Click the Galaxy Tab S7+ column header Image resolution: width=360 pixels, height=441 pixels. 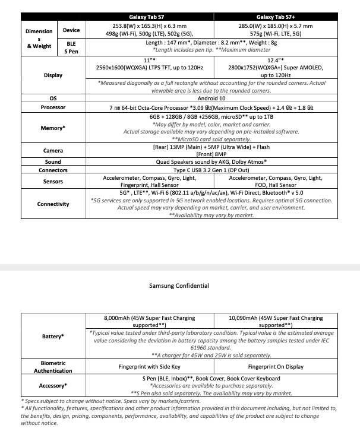[277, 17]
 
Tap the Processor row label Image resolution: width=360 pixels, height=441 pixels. [53, 107]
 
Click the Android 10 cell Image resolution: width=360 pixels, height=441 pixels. [211, 99]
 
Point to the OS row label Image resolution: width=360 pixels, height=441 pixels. [53, 99]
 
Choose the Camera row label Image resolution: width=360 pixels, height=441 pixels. [53, 151]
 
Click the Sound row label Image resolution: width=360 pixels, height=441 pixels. [53, 161]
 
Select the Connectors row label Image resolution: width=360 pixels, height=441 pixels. [53, 170]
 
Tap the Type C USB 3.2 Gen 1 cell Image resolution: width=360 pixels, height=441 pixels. [211, 170]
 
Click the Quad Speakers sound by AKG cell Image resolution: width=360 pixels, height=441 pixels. [211, 161]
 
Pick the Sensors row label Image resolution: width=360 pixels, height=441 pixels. [53, 182]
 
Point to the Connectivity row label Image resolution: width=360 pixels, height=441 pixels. [53, 204]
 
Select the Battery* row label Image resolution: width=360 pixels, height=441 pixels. [53, 337]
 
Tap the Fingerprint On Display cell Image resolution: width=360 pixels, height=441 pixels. [276, 367]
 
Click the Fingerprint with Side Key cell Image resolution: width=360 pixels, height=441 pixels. [154, 367]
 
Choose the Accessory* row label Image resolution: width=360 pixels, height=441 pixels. [53, 386]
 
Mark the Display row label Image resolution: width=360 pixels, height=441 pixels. [53, 75]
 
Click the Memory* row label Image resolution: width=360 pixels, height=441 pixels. [53, 128]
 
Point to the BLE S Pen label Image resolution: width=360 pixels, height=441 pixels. [70, 47]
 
